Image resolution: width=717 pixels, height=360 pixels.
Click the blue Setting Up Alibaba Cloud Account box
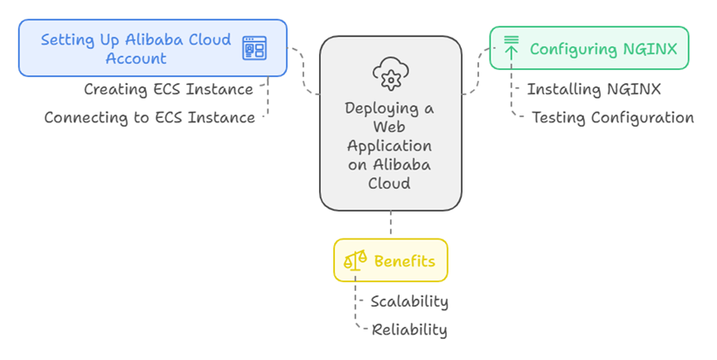click(152, 48)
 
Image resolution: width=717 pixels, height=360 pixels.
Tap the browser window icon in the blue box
click(254, 48)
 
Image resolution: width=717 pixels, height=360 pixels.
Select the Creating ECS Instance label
click(168, 89)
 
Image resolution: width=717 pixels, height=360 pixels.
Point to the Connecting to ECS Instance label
click(150, 117)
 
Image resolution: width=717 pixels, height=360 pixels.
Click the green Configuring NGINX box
click(588, 48)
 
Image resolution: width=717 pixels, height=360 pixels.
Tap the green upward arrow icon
click(512, 47)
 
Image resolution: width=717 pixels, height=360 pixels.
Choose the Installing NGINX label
click(593, 89)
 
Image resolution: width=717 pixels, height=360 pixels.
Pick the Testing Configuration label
click(612, 117)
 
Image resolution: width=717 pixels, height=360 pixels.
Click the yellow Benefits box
click(390, 260)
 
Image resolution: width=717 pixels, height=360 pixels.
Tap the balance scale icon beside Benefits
click(355, 260)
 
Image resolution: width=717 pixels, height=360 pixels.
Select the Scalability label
click(409, 301)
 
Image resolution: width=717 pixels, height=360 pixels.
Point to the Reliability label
click(409, 329)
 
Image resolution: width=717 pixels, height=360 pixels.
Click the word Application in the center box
click(390, 146)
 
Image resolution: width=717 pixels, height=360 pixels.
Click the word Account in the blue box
click(136, 59)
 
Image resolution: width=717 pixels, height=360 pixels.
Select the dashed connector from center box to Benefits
click(391, 225)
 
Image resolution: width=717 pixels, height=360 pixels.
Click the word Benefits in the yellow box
click(404, 261)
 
